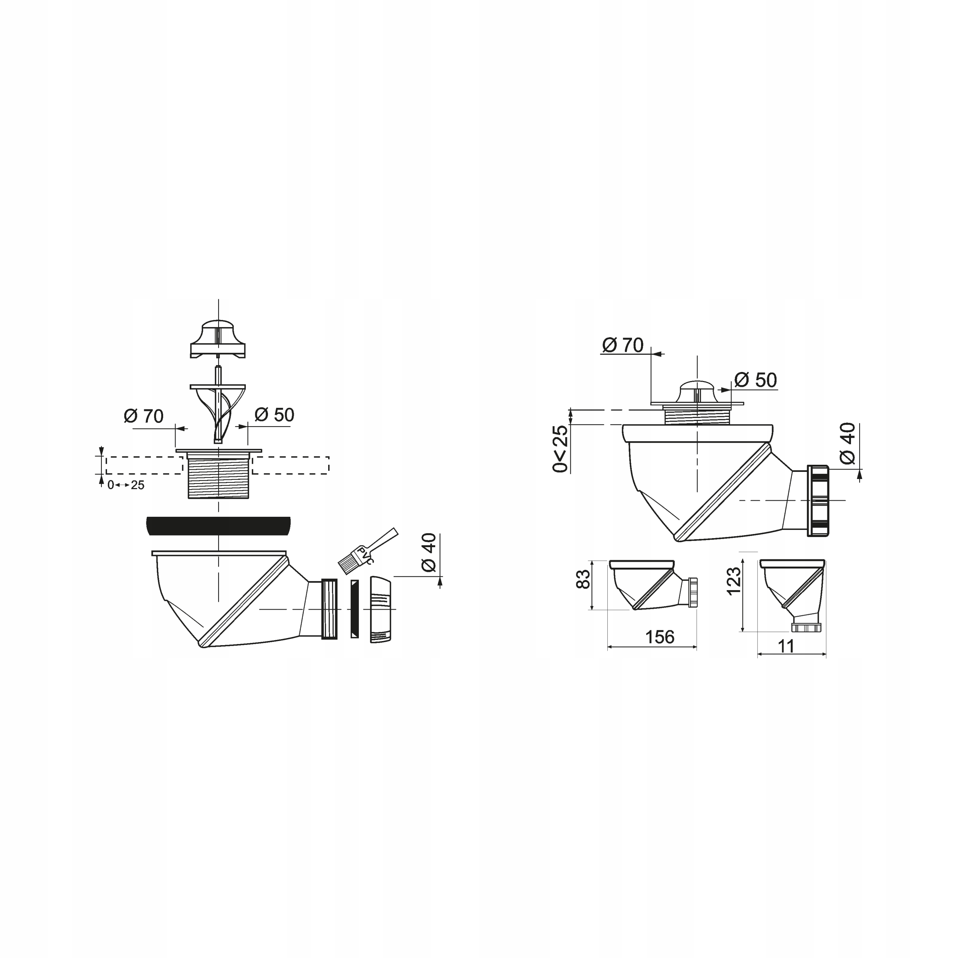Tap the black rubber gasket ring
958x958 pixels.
click(x=218, y=526)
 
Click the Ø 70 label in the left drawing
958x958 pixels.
click(x=144, y=416)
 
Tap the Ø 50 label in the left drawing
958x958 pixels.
click(x=275, y=415)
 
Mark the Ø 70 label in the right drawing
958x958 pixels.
click(x=623, y=345)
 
